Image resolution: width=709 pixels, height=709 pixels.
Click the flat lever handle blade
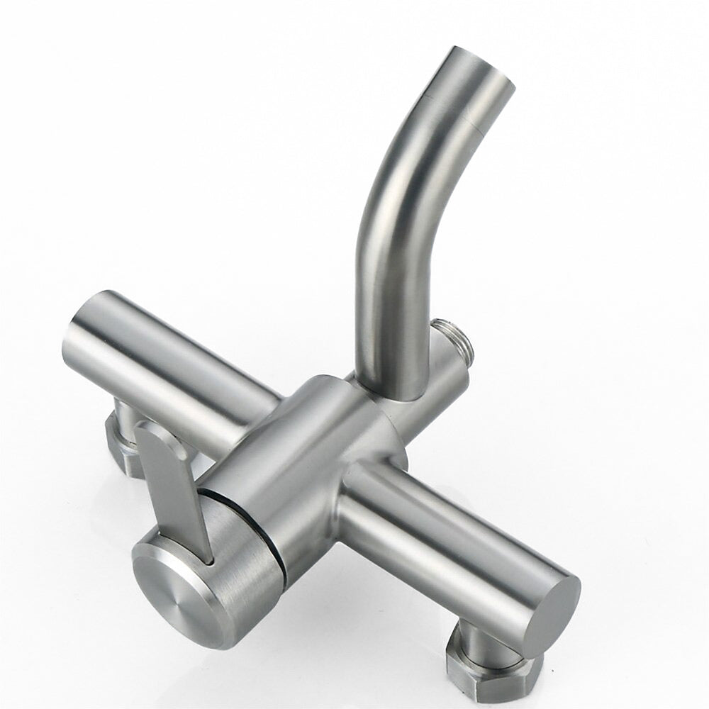click(x=170, y=489)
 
